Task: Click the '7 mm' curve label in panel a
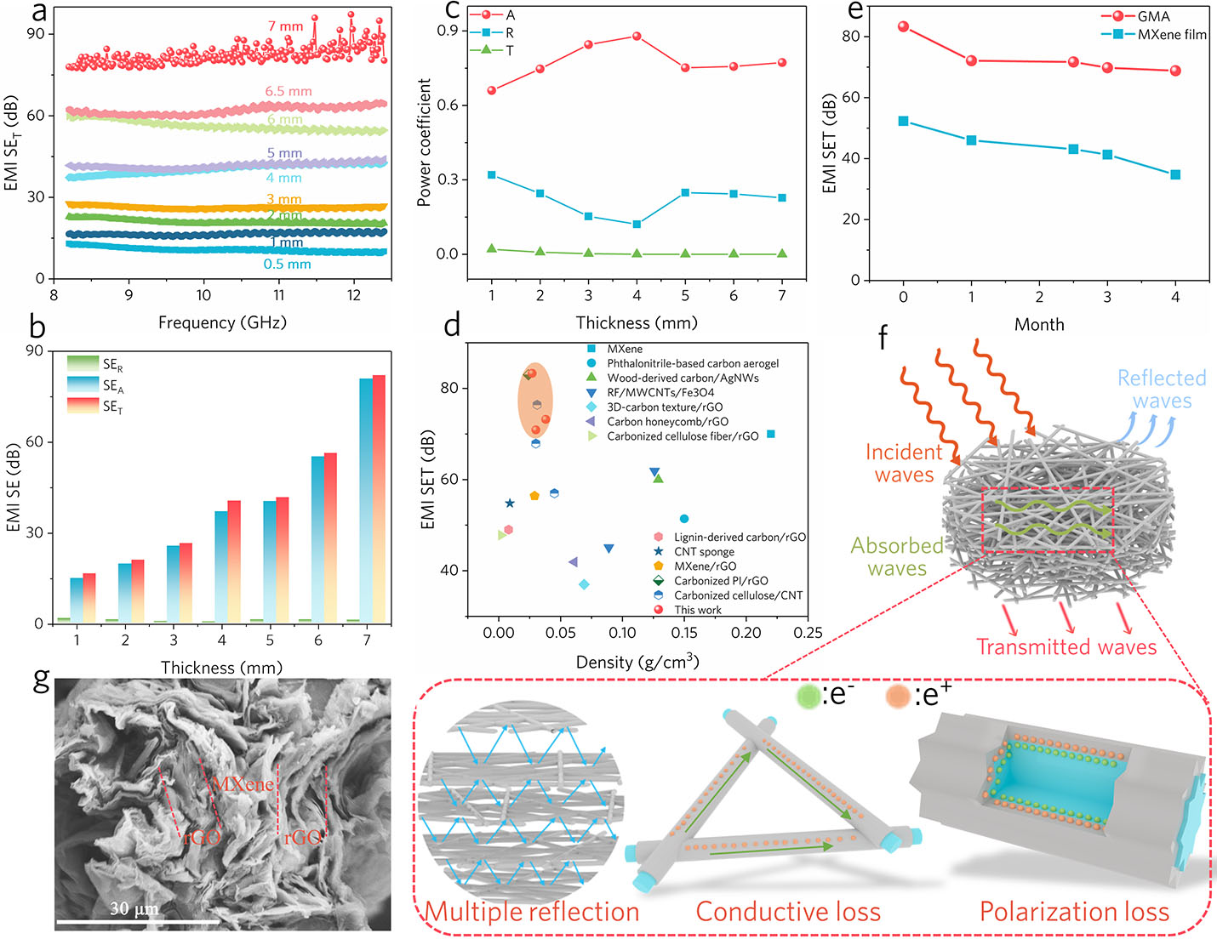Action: click(285, 26)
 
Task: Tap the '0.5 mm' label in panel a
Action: click(287, 265)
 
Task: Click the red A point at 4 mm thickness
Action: click(637, 37)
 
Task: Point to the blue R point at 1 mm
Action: click(492, 175)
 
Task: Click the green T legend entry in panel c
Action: click(494, 51)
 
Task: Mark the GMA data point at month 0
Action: click(903, 27)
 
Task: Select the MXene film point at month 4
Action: click(1175, 175)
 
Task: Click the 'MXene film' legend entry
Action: click(1171, 35)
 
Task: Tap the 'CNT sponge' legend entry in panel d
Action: click(704, 552)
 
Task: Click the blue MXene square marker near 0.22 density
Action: click(771, 435)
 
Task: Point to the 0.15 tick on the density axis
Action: click(684, 633)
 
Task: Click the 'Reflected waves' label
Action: click(1162, 390)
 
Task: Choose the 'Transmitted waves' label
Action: click(1066, 647)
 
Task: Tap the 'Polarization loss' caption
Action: click(1074, 912)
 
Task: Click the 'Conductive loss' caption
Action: click(788, 912)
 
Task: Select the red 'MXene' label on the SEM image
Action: click(243, 783)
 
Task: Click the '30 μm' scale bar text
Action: click(134, 908)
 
